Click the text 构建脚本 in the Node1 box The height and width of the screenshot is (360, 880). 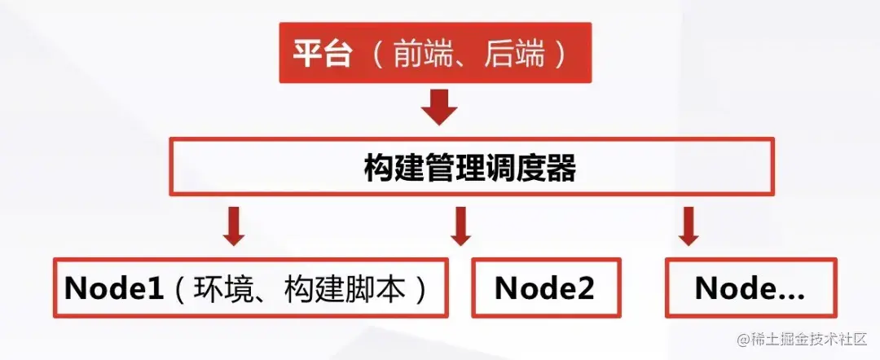coord(345,288)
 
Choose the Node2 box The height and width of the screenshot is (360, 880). coord(545,288)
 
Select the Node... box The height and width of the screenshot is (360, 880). coord(750,288)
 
